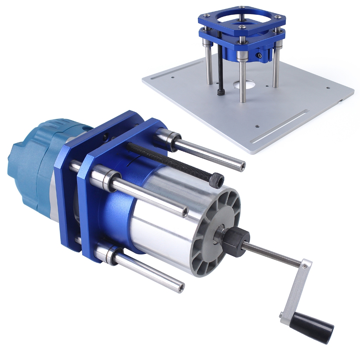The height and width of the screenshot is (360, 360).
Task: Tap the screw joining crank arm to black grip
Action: tap(282, 314)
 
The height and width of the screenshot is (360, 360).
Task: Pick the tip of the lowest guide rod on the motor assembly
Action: tap(180, 288)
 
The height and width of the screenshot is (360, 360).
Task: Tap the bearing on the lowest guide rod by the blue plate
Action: tap(112, 254)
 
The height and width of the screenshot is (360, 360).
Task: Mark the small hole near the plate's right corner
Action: tap(328, 88)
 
